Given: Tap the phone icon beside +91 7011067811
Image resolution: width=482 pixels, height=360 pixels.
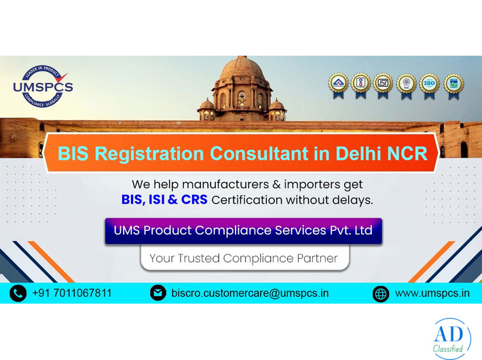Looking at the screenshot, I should pos(18,293).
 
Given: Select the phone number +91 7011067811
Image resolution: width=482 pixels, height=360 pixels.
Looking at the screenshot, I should pos(72,293).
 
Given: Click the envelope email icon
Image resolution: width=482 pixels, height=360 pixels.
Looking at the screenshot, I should pos(157,293).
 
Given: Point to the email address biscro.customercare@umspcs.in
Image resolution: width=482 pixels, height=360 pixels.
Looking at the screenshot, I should pos(251,293).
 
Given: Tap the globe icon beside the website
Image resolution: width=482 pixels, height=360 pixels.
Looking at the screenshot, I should pos(381,293).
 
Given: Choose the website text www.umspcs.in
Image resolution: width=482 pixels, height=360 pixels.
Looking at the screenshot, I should pos(432,293).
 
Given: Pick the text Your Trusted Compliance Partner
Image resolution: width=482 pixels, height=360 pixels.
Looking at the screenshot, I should pos(243,258).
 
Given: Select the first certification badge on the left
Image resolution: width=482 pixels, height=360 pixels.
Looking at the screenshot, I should pos(338,84).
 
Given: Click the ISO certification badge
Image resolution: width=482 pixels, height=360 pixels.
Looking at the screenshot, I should pos(429,84).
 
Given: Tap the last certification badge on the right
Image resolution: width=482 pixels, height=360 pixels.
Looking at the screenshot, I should pos(453,84).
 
